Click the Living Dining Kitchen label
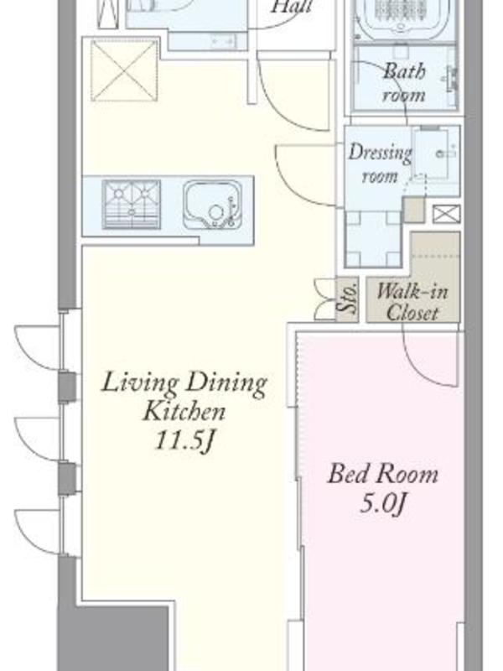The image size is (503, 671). tap(184, 397)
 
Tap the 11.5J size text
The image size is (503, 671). tap(184, 440)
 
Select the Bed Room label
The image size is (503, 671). tap(383, 474)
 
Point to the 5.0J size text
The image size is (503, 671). tap(382, 505)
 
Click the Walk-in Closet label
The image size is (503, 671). tap(412, 302)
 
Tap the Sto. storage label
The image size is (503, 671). tap(347, 299)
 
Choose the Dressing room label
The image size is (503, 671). tap(379, 164)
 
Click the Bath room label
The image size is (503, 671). tap(404, 82)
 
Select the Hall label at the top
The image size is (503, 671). tap(292, 7)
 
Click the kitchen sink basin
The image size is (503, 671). tap(211, 205)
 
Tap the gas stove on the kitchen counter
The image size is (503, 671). tap(132, 204)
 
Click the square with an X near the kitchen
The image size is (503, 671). tap(124, 70)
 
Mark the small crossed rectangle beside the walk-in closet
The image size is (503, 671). tap(446, 215)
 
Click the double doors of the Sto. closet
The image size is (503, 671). tap(324, 299)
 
